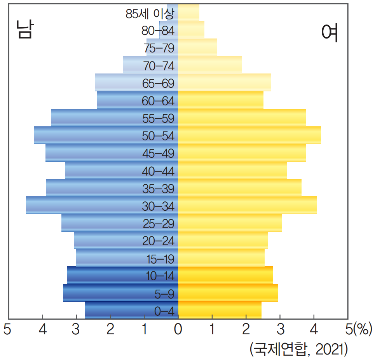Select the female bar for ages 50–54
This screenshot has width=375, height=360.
[x=249, y=135]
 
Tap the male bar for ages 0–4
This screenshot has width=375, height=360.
[x=117, y=310]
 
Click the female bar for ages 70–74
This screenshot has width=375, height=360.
[x=210, y=65]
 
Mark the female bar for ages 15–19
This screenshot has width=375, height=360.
[x=221, y=258]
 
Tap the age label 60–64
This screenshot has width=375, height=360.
[x=158, y=101]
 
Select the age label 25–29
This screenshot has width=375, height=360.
[x=158, y=224]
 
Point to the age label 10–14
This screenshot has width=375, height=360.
[x=158, y=276]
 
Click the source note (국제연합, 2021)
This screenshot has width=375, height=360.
[x=298, y=349]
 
